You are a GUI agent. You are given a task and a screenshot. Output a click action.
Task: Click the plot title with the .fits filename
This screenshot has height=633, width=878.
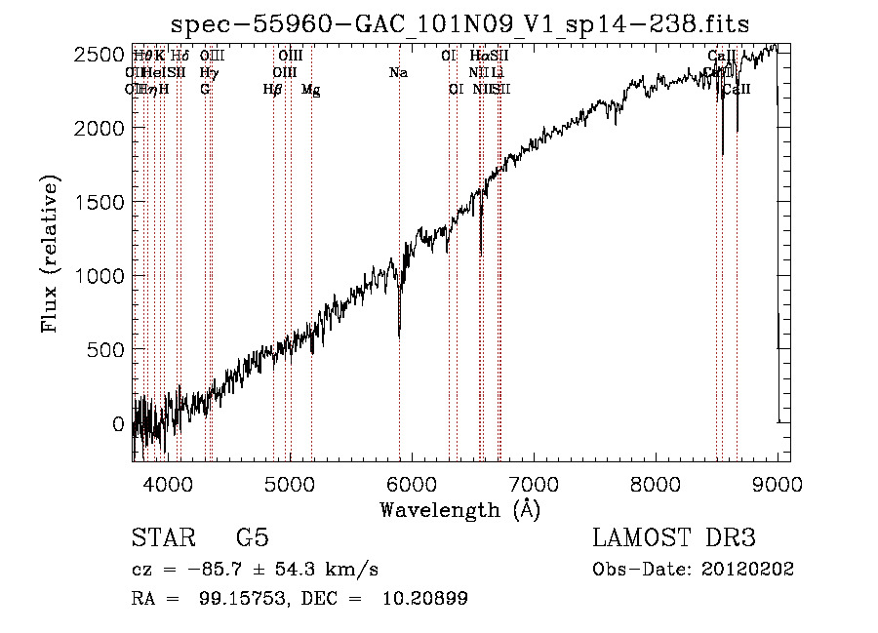[x=460, y=24]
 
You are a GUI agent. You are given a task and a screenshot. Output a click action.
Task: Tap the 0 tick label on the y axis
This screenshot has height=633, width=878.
[x=117, y=424]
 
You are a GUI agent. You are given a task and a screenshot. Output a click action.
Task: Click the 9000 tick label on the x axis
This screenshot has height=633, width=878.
[x=778, y=483]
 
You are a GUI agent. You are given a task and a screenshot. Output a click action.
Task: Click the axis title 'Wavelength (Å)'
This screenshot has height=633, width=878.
[x=459, y=509]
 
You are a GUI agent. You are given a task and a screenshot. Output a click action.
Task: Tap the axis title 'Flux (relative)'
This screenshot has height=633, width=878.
[x=50, y=254]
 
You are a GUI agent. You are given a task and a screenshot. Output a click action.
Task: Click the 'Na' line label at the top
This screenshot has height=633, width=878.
[x=398, y=72]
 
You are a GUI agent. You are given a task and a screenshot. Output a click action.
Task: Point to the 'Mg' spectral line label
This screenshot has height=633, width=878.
[x=311, y=90]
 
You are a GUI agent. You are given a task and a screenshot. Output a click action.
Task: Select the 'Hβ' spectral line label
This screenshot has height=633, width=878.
[x=272, y=90]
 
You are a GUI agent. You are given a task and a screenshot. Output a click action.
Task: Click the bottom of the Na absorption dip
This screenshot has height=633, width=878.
[x=399, y=336]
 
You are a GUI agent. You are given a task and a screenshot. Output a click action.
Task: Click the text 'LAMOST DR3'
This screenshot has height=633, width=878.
[x=674, y=538]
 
